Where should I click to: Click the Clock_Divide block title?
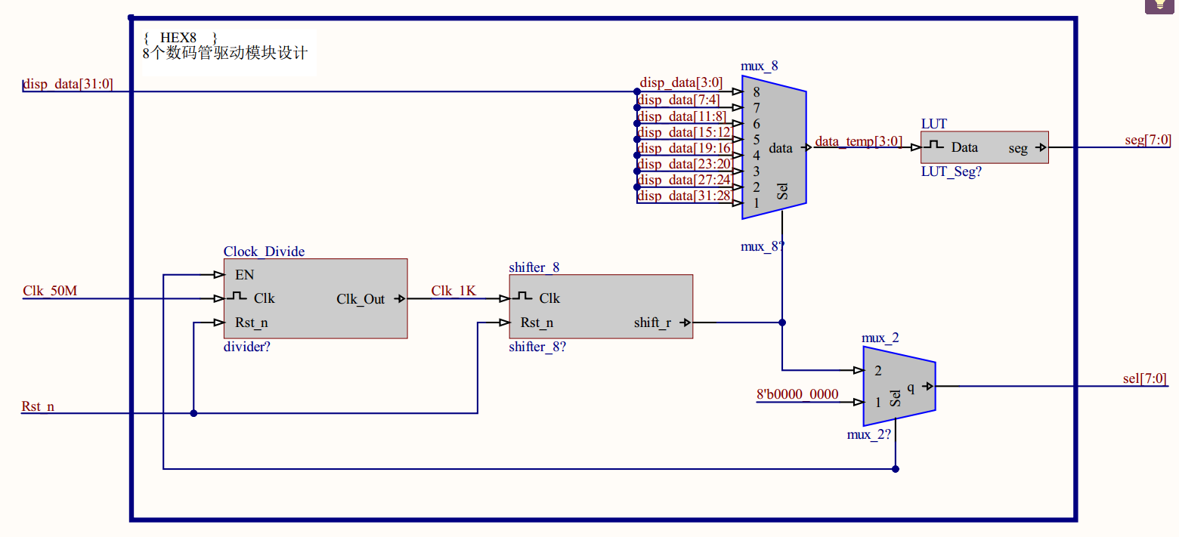coord(264,252)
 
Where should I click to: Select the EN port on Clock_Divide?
coord(244,275)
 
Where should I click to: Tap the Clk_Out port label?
coord(361,299)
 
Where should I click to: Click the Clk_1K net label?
coord(453,291)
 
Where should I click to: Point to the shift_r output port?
coord(652,323)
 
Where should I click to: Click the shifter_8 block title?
coord(534,267)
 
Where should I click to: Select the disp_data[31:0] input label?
coord(68,84)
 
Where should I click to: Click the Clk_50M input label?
coord(50,291)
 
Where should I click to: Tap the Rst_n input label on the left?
coord(38,407)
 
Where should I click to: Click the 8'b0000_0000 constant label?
coord(797,394)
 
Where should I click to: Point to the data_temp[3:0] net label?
coord(858,142)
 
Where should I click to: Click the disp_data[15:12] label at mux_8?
coord(684,132)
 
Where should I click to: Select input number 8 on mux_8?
coord(756,92)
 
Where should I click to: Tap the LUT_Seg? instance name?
coord(951,172)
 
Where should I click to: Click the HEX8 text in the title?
coord(178,38)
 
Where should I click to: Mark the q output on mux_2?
coord(911,387)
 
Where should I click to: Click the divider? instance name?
coord(247,347)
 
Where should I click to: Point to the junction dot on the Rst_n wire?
coord(193,413)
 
